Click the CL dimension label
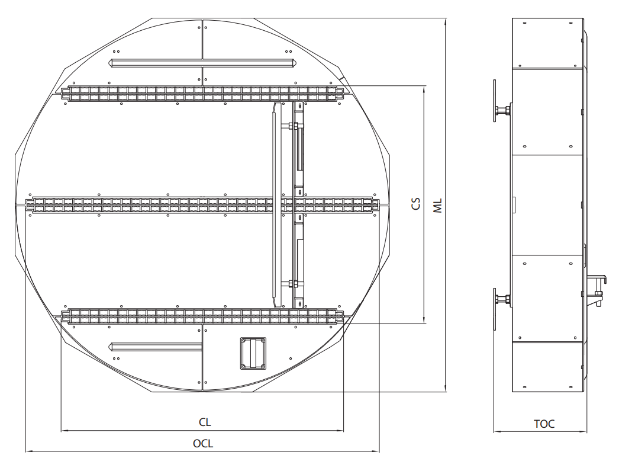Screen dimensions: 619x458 [x=205, y=422]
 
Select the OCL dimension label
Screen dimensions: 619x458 [x=203, y=443]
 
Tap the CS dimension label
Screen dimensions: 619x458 [x=415, y=204]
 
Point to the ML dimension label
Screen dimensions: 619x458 [x=438, y=206]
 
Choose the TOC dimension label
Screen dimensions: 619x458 [x=544, y=424]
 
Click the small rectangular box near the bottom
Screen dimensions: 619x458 [x=253, y=353]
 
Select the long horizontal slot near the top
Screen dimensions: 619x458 [x=203, y=63]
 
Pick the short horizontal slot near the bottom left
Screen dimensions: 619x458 [x=156, y=347]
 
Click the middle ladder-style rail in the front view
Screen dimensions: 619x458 [x=202, y=204]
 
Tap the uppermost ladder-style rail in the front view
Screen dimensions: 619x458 [x=203, y=93]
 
